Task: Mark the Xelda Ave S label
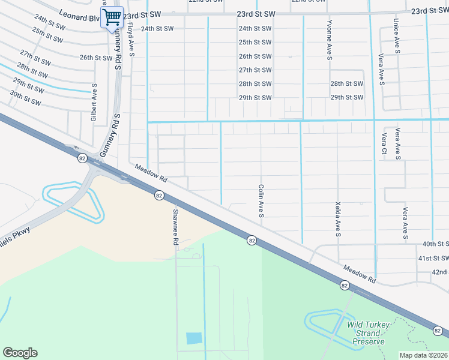coord(339,218)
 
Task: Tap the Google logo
coord(20,353)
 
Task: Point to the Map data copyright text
coord(423,355)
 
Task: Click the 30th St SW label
coord(25,98)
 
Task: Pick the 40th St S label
coord(435,244)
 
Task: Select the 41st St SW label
coord(433,258)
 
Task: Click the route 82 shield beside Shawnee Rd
coord(159,195)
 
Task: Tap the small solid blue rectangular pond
coord(194,338)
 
